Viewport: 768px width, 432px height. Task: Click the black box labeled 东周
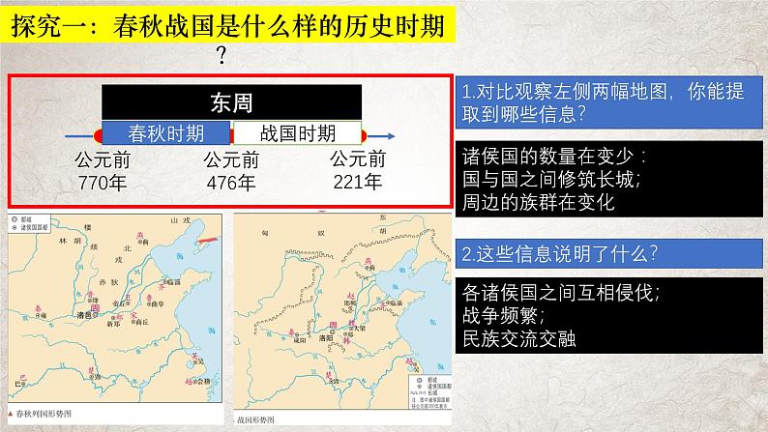[231, 101]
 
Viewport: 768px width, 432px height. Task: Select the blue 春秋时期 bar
[166, 133]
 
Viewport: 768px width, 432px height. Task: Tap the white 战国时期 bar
[297, 133]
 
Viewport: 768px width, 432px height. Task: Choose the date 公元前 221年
[358, 170]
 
